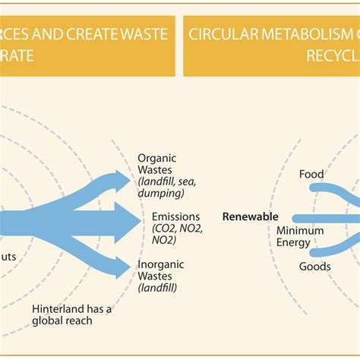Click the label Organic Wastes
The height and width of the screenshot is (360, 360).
coord(156,164)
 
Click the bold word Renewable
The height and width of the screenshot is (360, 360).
coord(251,216)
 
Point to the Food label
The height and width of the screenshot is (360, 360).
coord(311,174)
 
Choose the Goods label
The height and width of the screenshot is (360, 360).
coord(314,267)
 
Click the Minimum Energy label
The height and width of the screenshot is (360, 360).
coord(299,236)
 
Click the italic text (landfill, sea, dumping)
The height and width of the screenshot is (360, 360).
coord(164,188)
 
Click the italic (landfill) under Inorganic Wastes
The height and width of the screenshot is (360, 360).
coord(157,288)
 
